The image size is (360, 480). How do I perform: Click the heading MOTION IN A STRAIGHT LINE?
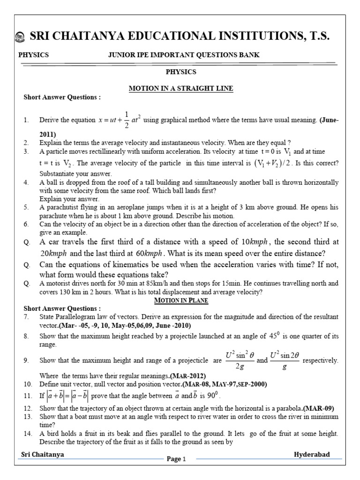click(x=181, y=89)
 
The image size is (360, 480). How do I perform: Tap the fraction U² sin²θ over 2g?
click(x=240, y=360)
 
